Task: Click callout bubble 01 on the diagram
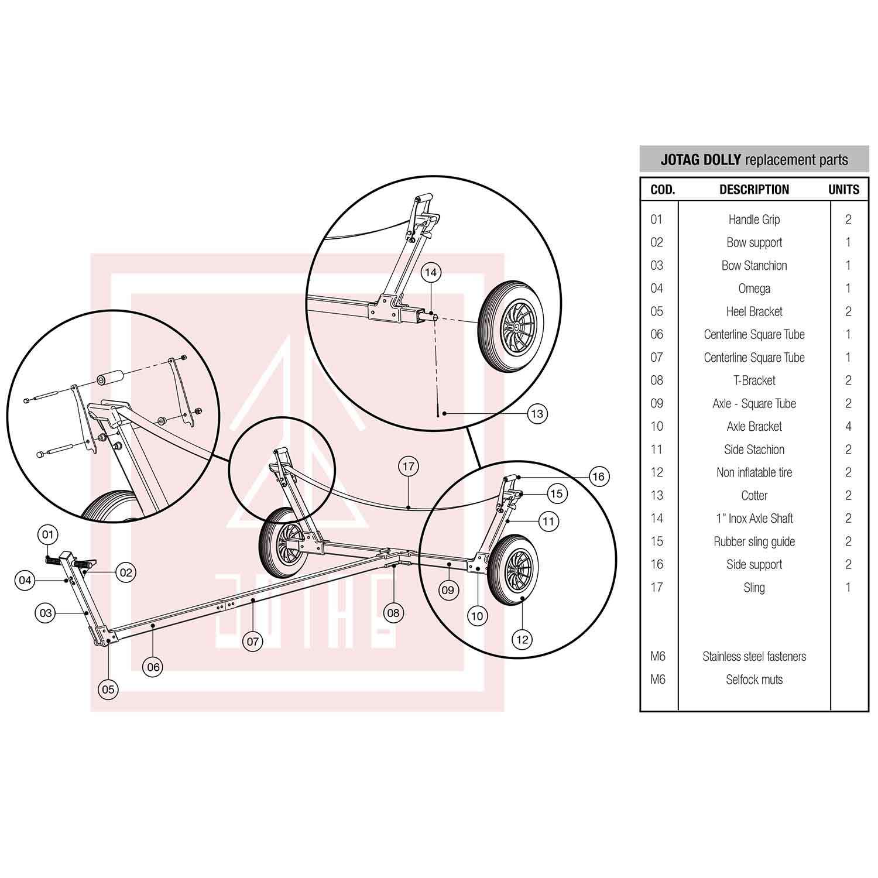point(48,534)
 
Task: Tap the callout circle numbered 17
point(408,467)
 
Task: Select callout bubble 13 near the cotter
point(536,414)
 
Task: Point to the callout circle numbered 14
point(431,273)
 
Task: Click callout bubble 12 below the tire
point(522,639)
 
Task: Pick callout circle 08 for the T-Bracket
point(393,613)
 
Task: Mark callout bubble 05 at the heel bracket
point(108,689)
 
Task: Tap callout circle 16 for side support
point(598,476)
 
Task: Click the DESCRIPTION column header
point(754,190)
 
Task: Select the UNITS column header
point(843,190)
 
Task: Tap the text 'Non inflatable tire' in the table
point(754,472)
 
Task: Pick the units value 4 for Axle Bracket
point(848,427)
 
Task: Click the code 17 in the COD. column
point(657,587)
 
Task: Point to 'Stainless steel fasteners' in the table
point(754,657)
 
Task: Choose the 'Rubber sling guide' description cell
point(754,541)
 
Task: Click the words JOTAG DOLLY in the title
point(701,160)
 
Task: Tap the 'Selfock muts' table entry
point(754,680)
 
